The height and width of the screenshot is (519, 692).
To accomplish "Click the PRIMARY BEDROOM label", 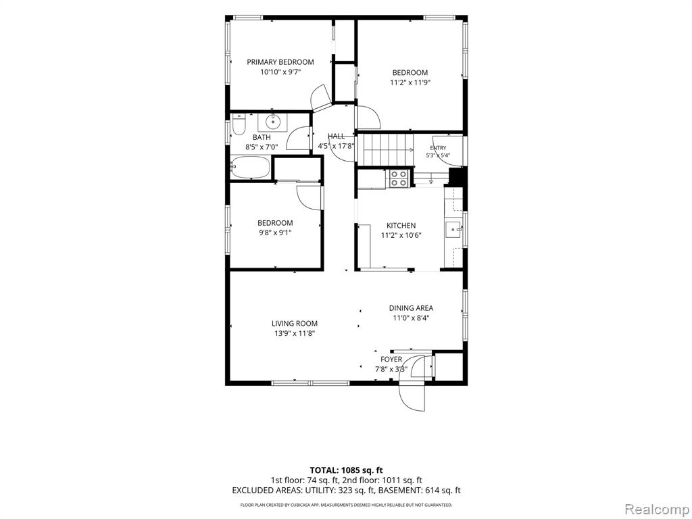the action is [x=280, y=62].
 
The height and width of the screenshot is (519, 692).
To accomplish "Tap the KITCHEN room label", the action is [x=401, y=226].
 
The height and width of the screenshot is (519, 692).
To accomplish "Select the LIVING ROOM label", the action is [x=295, y=324].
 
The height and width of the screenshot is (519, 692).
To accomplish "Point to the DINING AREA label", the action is [x=411, y=308].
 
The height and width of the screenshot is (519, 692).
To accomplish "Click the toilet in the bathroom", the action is [x=239, y=125].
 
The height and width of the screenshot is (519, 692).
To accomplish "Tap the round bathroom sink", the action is [x=274, y=120].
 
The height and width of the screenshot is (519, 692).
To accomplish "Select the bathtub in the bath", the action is [x=249, y=168].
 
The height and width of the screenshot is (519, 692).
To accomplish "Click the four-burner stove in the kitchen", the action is [x=399, y=178].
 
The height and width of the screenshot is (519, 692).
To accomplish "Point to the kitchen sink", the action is [x=453, y=230].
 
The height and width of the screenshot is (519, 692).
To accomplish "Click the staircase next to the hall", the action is [x=385, y=149].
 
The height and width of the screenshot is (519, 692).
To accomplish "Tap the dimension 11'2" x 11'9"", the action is [x=410, y=82].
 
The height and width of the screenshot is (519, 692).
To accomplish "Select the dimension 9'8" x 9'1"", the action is [x=276, y=232].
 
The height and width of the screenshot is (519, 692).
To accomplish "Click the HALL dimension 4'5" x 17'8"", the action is [x=337, y=146].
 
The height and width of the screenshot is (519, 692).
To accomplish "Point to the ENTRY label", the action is [x=438, y=148].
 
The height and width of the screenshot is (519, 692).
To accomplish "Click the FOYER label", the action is [x=391, y=360].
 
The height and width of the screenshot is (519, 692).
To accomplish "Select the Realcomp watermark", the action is [x=656, y=509].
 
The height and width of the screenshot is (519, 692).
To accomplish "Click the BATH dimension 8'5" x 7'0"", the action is [x=262, y=147].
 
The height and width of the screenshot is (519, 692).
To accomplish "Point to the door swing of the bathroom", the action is [x=298, y=138].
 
